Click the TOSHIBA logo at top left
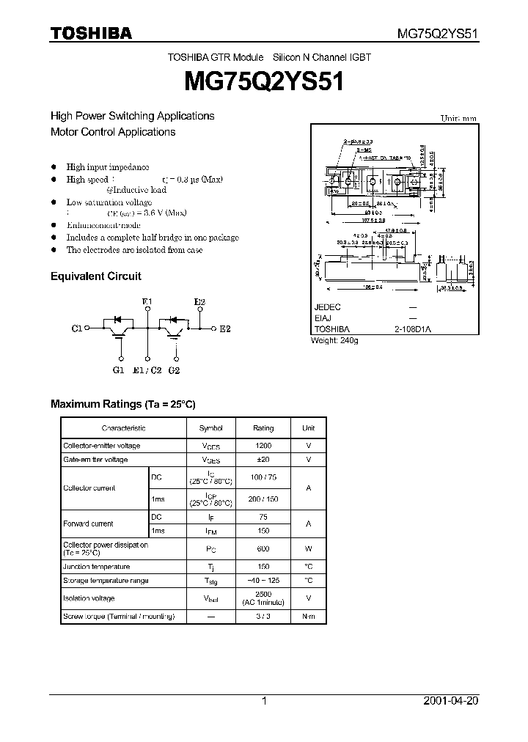(x=91, y=33)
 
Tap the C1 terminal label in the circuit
(x=77, y=329)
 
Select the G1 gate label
(x=119, y=370)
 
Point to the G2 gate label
(x=174, y=370)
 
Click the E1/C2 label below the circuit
(x=147, y=370)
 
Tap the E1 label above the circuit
(x=147, y=302)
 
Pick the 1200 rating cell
(x=263, y=446)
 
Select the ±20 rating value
(x=263, y=460)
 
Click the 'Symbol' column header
(x=210, y=428)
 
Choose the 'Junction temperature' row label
(x=97, y=567)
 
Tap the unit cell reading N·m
(x=309, y=617)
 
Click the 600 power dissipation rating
(x=263, y=548)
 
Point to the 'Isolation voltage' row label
(x=89, y=598)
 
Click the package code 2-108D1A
(x=413, y=330)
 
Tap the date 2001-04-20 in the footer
(x=451, y=701)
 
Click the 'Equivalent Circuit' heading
(x=95, y=276)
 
